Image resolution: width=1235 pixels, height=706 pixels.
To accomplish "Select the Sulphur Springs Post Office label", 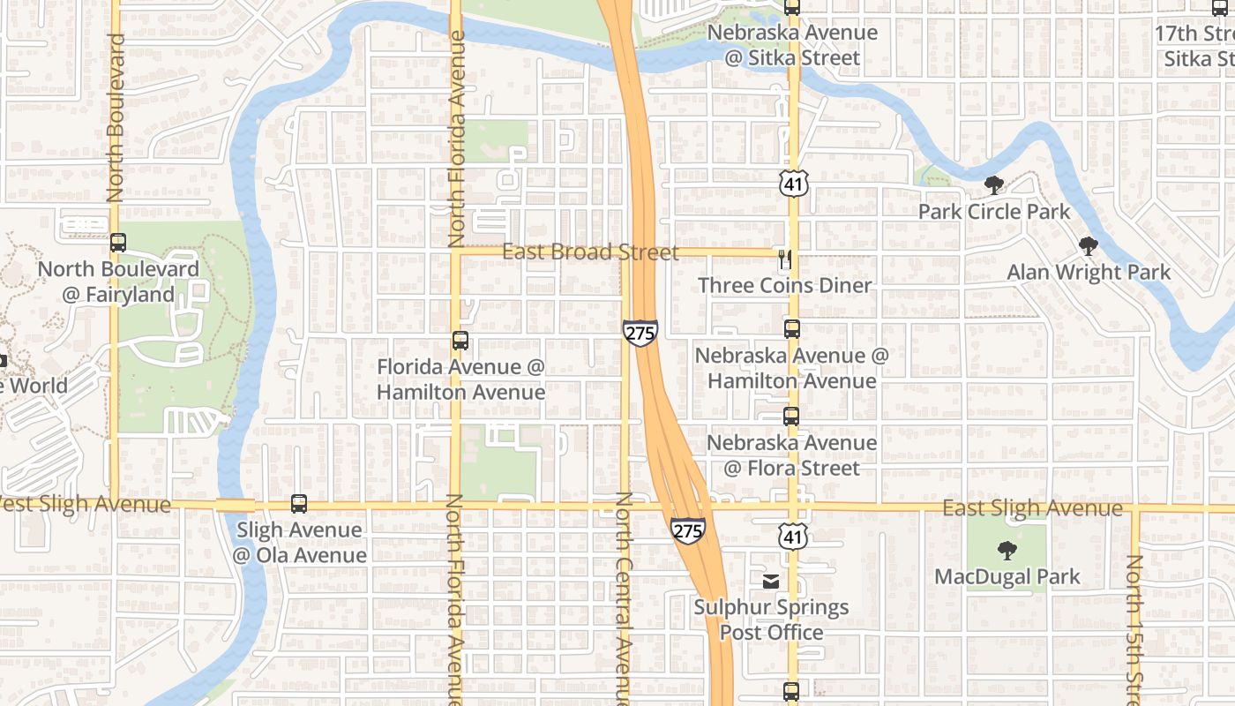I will click(771, 620).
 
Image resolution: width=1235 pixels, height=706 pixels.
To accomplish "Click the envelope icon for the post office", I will click(771, 581).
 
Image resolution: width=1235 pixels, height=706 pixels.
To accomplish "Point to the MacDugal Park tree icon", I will click(1007, 552).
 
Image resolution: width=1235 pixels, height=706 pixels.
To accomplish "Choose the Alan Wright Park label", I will click(1089, 272).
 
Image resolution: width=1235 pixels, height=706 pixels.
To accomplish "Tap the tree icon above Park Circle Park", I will click(994, 185).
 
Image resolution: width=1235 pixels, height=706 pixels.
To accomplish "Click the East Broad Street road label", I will click(590, 252).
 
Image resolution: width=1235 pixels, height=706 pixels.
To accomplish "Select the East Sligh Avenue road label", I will click(1032, 508).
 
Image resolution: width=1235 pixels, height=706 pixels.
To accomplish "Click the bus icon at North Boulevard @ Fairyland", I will click(118, 243).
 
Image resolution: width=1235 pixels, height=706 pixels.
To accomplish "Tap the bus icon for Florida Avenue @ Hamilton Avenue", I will click(460, 341).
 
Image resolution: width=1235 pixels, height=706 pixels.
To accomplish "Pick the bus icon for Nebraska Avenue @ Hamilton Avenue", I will click(792, 329).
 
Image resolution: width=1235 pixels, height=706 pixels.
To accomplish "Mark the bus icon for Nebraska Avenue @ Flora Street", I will click(792, 416).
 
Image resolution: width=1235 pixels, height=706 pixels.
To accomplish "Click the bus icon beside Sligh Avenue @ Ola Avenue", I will click(299, 504).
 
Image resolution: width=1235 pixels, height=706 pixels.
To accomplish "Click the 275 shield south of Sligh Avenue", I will click(687, 530).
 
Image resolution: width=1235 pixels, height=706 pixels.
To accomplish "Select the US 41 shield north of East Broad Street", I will click(793, 184).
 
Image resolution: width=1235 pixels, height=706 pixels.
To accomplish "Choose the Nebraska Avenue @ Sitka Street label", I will click(791, 45).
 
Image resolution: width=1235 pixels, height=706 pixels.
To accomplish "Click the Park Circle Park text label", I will click(993, 212).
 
